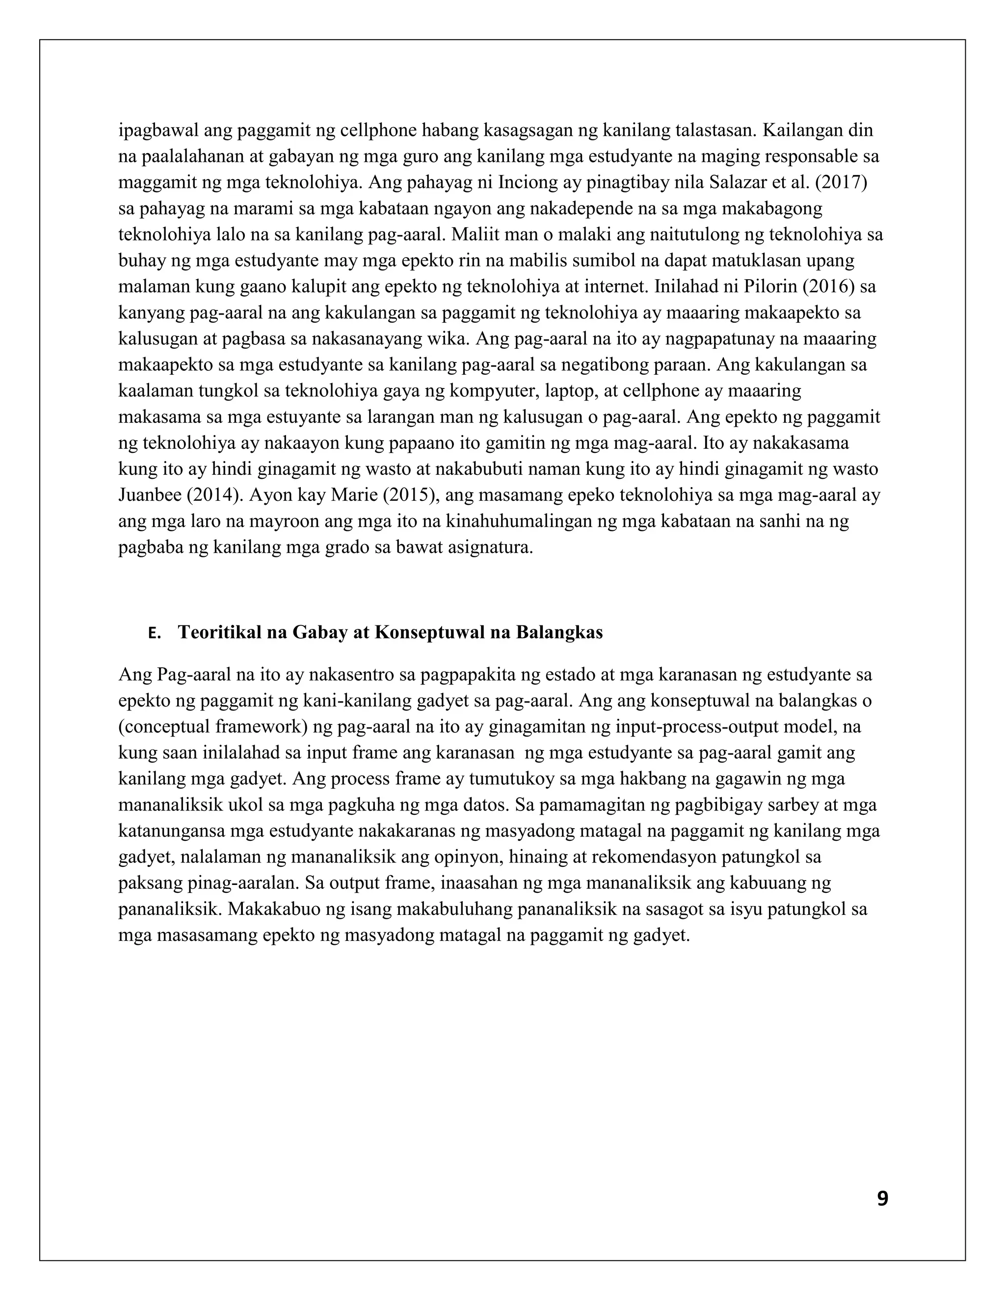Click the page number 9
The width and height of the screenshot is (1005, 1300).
(x=882, y=1199)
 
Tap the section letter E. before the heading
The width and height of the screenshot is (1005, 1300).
(x=154, y=633)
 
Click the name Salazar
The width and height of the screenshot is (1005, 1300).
(x=734, y=182)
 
